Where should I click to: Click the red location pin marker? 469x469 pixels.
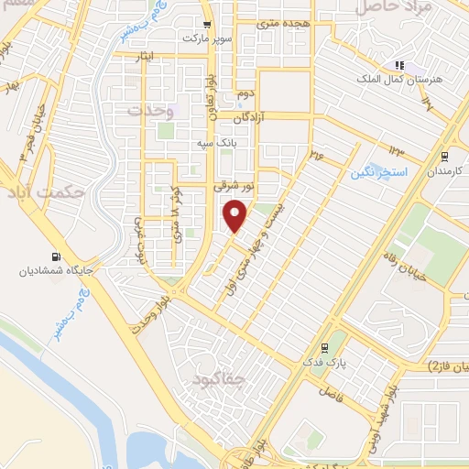tap(236, 214)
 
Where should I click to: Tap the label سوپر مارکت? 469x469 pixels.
tap(209, 39)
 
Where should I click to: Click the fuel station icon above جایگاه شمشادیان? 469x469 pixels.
tap(57, 257)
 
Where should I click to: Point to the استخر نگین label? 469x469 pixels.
tap(377, 171)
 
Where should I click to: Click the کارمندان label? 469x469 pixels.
tap(439, 171)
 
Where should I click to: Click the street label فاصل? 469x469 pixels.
tap(324, 392)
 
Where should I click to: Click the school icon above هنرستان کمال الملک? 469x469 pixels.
tap(398, 64)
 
